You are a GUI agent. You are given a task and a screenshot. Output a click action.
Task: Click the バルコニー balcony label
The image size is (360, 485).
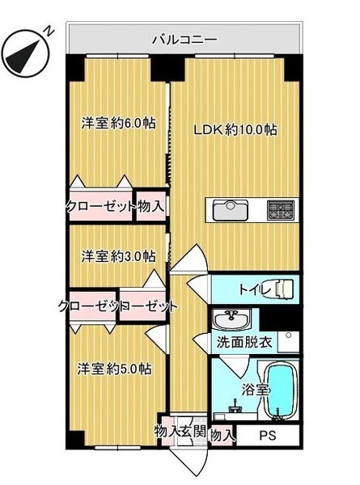coord(184,40)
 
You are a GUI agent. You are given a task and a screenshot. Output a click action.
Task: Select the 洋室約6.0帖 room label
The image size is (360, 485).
coord(119,124)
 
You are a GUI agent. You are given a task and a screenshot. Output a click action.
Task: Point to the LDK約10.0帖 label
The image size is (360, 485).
coord(235,129)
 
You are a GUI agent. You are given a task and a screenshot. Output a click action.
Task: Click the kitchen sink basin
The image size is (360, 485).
coord(231,210)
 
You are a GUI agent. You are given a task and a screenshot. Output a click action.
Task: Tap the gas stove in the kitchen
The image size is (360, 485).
coord(281,210)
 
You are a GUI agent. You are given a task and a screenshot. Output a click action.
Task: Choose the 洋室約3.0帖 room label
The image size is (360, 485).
coord(119,256)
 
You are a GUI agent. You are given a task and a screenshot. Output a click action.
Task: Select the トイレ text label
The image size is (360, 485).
coord(254,289)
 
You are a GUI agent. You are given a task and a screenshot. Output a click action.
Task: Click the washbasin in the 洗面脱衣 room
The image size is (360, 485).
coord(231,319)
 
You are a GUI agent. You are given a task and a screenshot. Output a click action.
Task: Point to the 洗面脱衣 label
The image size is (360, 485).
coord(244,342)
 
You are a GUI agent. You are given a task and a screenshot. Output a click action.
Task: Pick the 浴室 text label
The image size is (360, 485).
coord(255,390)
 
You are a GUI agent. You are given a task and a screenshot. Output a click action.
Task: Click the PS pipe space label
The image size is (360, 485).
coord(268,436)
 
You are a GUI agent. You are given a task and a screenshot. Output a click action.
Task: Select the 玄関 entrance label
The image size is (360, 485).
coord(193,432)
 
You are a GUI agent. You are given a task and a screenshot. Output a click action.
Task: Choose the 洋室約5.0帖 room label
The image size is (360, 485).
coord(115,369)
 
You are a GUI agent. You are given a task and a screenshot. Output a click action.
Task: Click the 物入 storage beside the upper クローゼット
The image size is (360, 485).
coord(150,206)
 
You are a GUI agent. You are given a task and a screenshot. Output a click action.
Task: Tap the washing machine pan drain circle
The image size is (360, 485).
coord(289,335)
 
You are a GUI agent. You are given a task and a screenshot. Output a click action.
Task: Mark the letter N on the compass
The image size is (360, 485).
coord(49,32)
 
